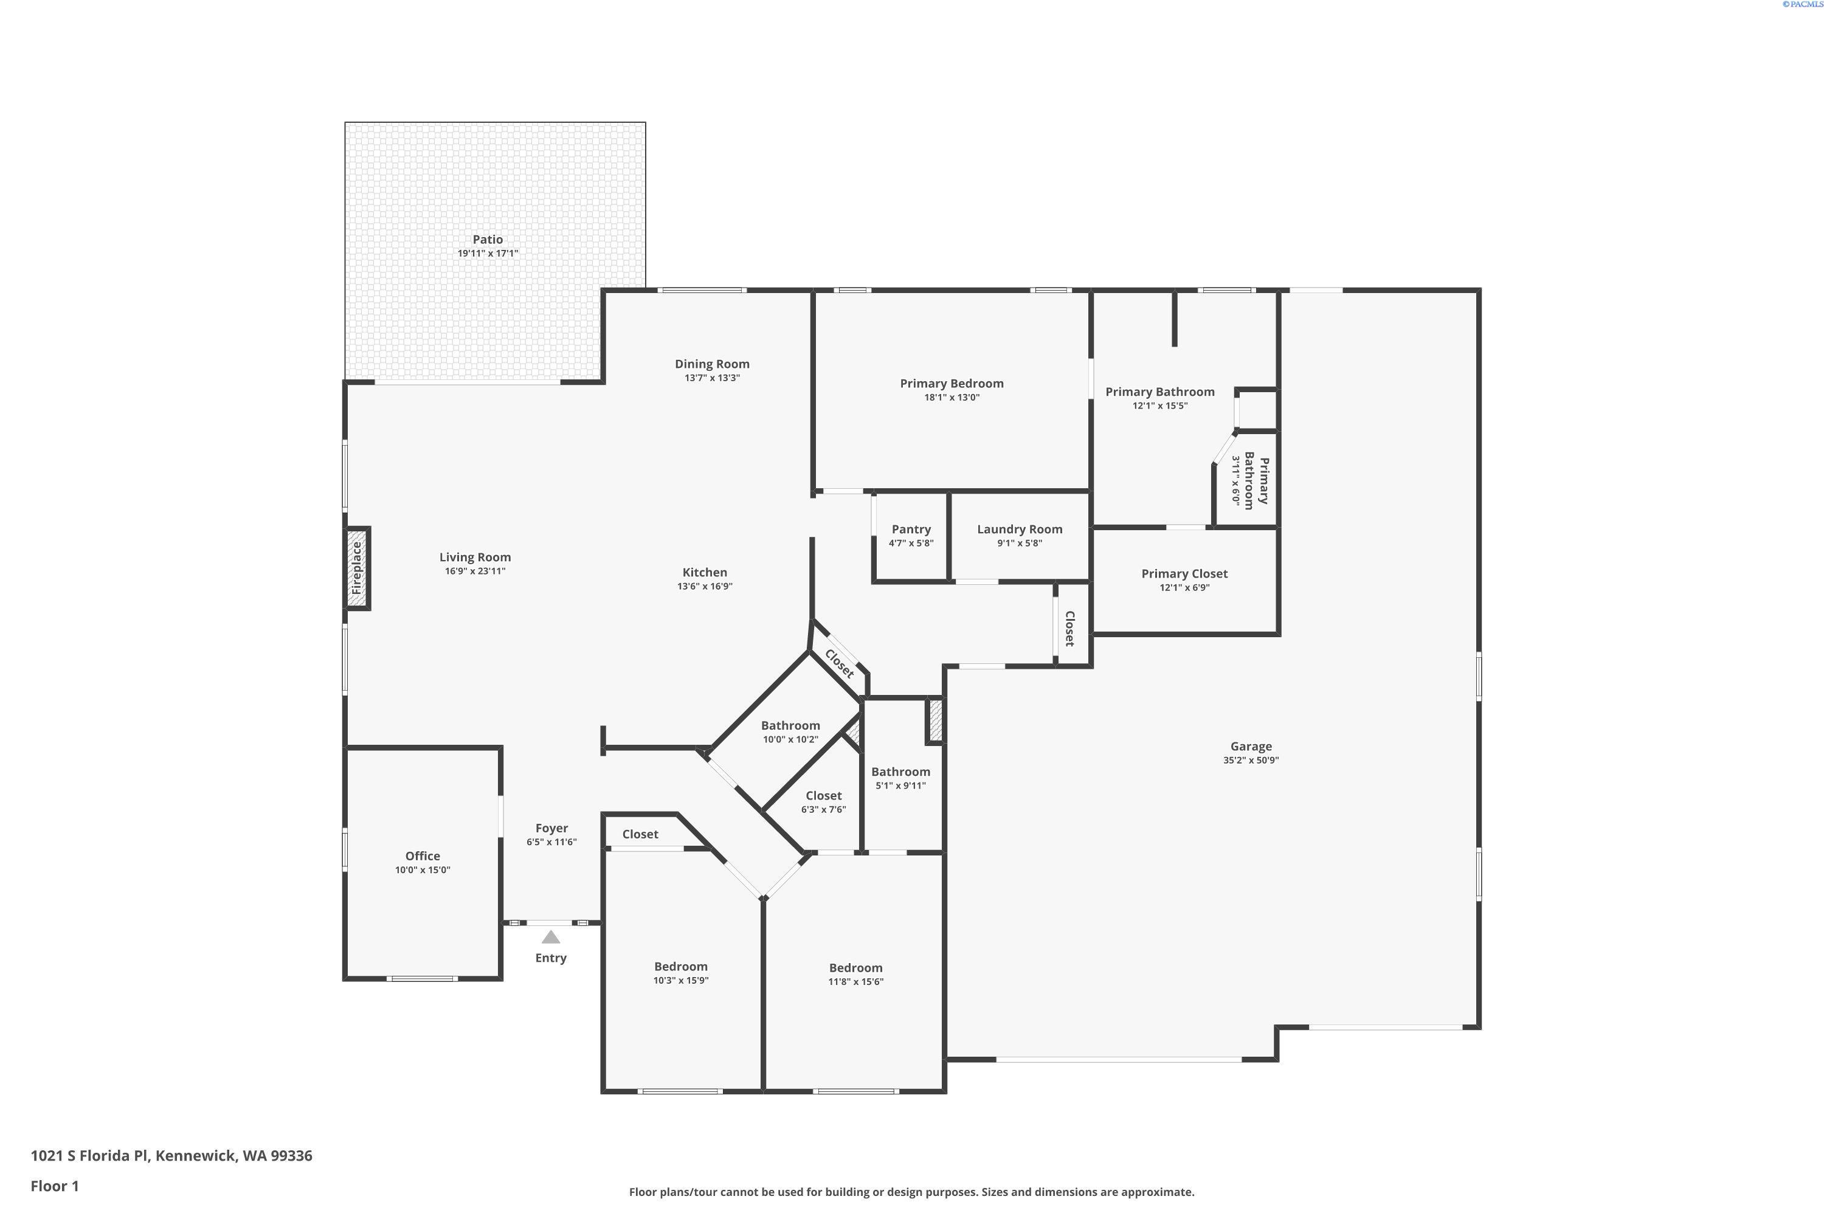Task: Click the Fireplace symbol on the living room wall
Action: click(358, 568)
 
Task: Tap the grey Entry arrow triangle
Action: click(551, 937)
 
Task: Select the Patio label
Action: click(488, 240)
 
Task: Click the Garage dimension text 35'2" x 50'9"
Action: click(1251, 760)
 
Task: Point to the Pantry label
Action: click(911, 529)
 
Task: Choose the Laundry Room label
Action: click(1020, 529)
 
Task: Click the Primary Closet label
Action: click(1184, 574)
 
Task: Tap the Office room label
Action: click(423, 856)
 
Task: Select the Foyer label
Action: click(551, 828)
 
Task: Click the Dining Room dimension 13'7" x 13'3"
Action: click(712, 378)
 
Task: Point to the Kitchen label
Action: click(705, 572)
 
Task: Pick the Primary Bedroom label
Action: click(952, 383)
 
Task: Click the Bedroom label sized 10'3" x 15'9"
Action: click(681, 966)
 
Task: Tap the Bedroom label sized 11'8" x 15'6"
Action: click(855, 968)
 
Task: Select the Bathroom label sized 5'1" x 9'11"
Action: click(900, 772)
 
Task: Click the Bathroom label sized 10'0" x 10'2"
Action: click(790, 726)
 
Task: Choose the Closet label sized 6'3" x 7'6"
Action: click(824, 796)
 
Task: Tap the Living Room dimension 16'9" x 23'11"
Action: click(475, 571)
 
